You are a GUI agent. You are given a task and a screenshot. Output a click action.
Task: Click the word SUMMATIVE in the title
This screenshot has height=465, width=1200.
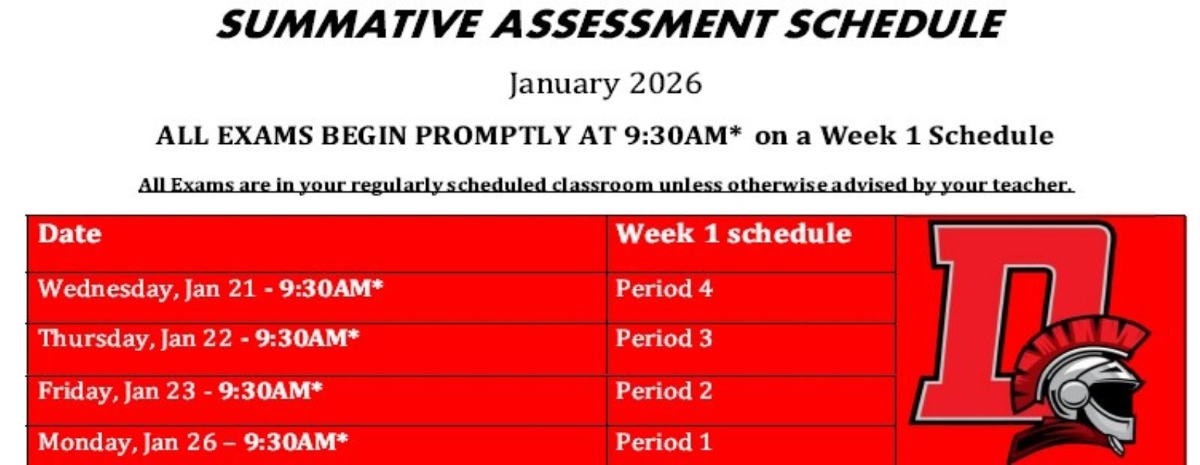click(x=346, y=24)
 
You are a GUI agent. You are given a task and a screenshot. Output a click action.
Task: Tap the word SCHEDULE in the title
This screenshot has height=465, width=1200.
click(x=895, y=24)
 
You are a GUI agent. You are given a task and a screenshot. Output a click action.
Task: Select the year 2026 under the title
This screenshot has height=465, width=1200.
click(x=665, y=84)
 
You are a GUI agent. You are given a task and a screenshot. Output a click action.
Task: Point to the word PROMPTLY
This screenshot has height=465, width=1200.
click(x=493, y=136)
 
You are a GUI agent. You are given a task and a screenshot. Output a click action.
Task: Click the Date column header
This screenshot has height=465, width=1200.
click(x=70, y=234)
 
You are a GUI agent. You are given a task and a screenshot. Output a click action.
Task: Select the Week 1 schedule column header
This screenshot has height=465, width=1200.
click(x=733, y=234)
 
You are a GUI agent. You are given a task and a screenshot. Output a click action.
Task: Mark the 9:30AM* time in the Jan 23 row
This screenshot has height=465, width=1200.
click(x=271, y=391)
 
